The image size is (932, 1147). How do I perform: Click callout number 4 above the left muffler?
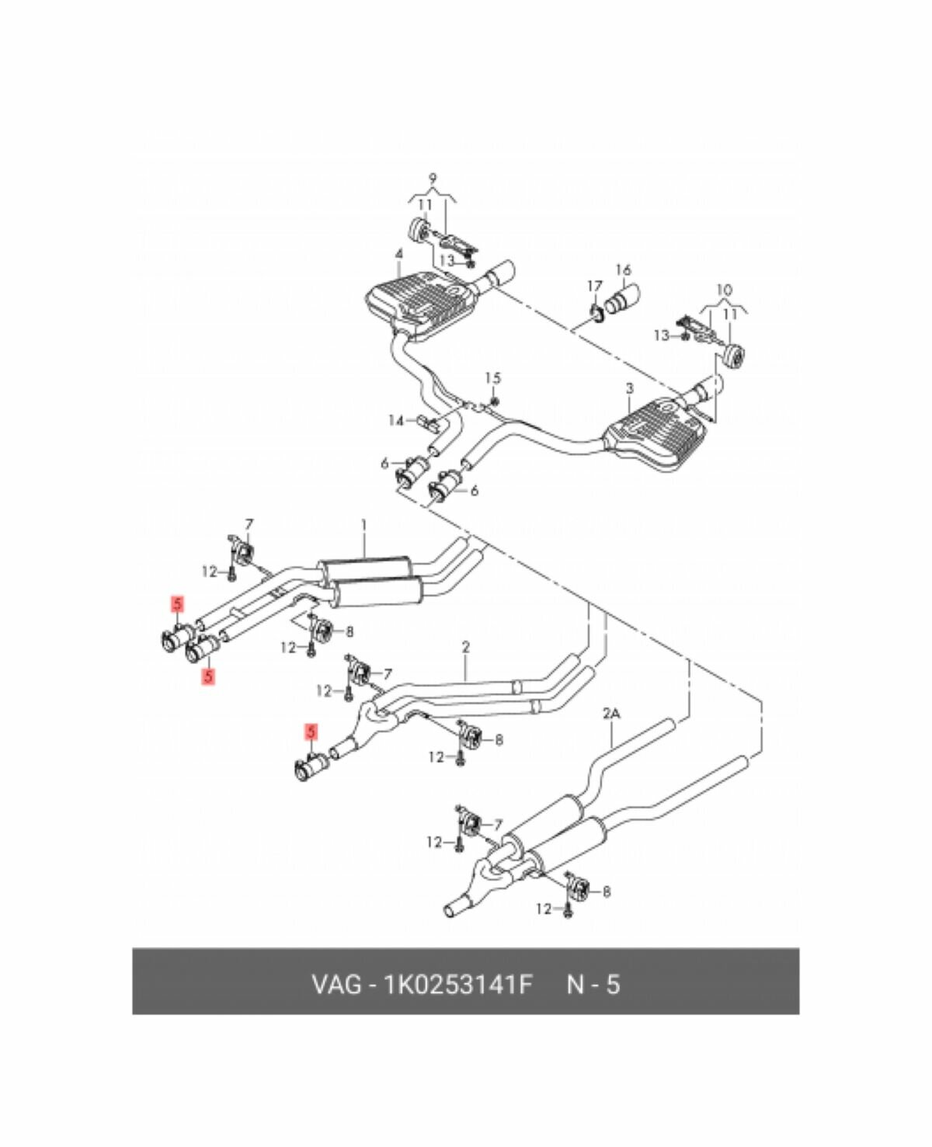coord(398,254)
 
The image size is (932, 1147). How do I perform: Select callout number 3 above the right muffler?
coord(629,388)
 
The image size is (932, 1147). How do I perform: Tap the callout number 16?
coord(623,270)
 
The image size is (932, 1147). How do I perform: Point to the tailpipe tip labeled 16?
coord(621,301)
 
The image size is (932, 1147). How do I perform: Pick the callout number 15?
coord(493,378)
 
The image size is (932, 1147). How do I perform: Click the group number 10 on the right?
coord(723,290)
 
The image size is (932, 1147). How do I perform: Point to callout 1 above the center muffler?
coord(363,526)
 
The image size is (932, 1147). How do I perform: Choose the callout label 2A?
coord(611,712)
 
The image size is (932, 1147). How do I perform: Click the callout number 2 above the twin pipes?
coord(465,646)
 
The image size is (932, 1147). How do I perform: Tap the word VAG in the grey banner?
coord(336,985)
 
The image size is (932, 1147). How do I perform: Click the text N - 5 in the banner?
coord(593,985)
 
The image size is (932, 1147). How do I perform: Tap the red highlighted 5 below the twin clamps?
coord(207,676)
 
